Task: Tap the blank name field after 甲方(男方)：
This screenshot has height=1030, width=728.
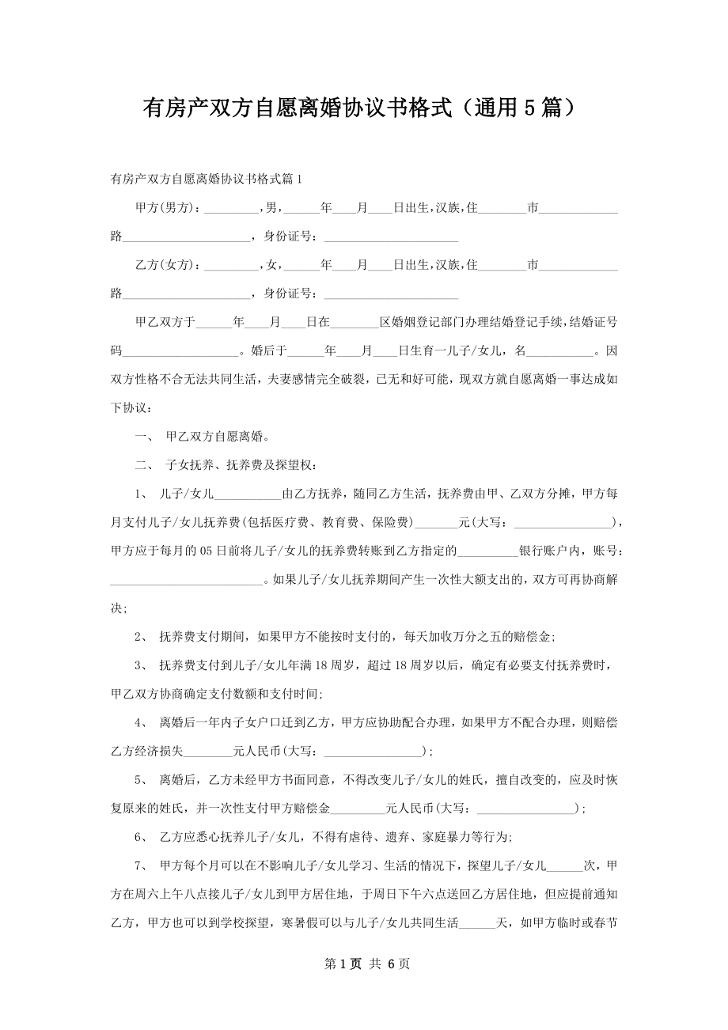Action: (231, 209)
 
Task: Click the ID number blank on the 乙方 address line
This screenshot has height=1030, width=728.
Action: (391, 294)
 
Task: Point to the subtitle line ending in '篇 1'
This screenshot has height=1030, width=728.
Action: (207, 180)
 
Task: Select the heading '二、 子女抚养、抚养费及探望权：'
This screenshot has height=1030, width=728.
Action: (227, 465)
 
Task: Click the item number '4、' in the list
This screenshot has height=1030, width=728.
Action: (142, 721)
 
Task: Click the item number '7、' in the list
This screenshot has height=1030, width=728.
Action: (142, 865)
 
